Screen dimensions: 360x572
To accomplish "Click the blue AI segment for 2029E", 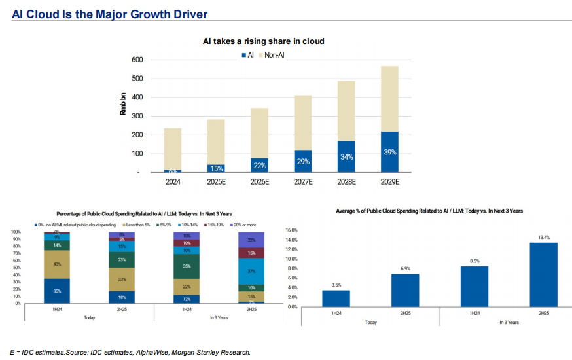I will [389, 152].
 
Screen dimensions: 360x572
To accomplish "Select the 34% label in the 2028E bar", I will [346, 157].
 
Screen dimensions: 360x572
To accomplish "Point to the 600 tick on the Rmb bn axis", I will [137, 60].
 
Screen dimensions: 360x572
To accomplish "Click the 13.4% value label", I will [543, 237].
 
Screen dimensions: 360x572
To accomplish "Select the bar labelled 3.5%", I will [336, 298].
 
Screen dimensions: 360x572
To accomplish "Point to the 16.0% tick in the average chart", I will [291, 230].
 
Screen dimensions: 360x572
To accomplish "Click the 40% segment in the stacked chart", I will [57, 264].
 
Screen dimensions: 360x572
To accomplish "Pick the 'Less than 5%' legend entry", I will [130, 225].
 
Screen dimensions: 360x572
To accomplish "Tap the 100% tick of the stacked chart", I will [17, 232].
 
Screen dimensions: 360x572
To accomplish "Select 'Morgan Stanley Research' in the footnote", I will [211, 353].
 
